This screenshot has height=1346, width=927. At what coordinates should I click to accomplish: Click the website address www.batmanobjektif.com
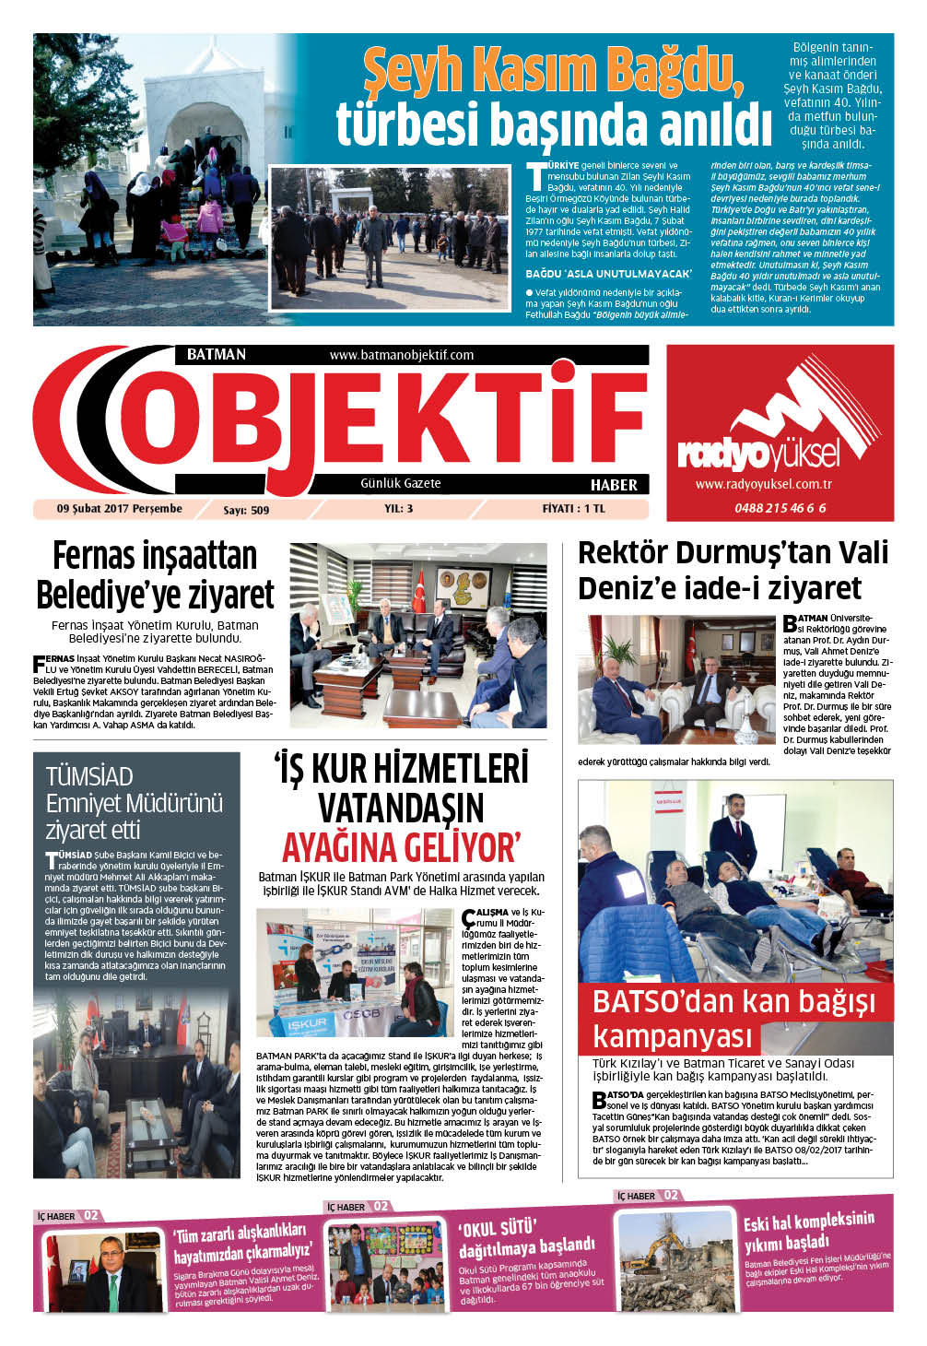(401, 355)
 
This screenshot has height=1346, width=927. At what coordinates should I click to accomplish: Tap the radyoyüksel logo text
(758, 454)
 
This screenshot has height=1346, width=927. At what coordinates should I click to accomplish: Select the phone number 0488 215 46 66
(780, 508)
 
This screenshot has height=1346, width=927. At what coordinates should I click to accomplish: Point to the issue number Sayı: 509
(246, 510)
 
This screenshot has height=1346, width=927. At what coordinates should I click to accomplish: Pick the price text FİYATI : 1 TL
(573, 509)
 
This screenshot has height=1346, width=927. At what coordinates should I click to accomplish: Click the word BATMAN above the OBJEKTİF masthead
(216, 355)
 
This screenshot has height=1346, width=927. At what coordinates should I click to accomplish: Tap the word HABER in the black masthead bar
(614, 485)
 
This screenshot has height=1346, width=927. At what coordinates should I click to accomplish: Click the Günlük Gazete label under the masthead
(400, 483)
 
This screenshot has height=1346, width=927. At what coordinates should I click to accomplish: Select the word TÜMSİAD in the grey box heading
(89, 776)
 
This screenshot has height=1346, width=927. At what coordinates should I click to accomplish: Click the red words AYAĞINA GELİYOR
(401, 847)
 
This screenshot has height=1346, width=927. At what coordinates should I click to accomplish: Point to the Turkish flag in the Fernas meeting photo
(418, 589)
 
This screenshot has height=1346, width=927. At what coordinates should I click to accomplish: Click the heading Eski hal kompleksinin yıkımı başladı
(808, 1232)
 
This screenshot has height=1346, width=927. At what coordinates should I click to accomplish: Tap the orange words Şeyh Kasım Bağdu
(553, 69)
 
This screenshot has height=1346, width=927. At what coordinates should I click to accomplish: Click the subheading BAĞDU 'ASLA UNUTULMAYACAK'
(608, 274)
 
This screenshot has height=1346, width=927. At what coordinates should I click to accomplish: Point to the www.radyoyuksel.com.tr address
(764, 484)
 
